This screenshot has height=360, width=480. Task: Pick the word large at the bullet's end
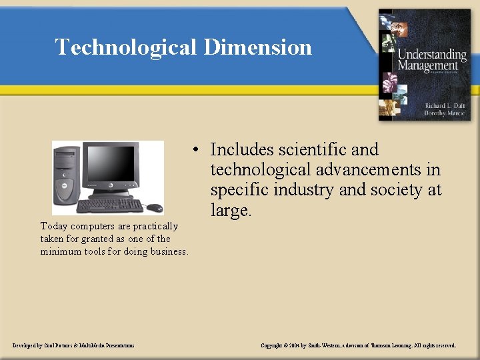(229, 211)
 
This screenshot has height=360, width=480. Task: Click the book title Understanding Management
(432, 60)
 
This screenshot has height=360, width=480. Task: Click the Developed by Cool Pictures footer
(73, 345)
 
